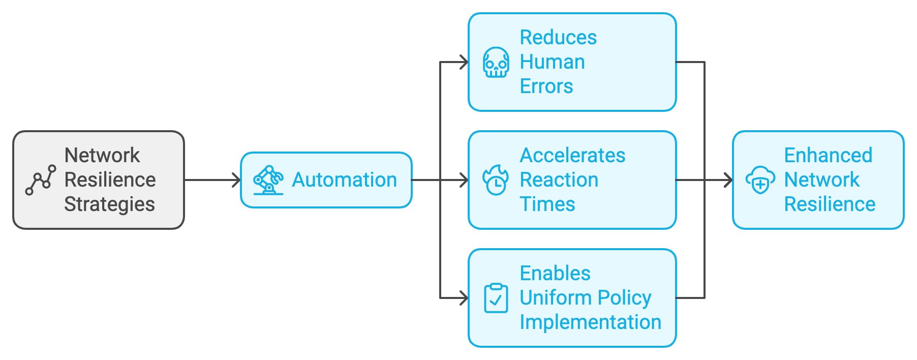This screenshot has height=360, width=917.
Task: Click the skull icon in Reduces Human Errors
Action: tap(496, 63)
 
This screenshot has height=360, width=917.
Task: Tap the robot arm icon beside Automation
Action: tap(268, 180)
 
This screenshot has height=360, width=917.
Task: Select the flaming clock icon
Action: tap(496, 180)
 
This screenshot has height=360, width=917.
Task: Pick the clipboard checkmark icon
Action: tap(496, 298)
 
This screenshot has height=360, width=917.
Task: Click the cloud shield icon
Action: tap(760, 180)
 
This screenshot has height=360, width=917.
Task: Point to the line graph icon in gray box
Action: tap(41, 180)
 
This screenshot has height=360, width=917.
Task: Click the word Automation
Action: tap(344, 180)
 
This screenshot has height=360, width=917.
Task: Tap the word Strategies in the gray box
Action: tap(109, 204)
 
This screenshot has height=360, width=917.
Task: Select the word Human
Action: tap(552, 62)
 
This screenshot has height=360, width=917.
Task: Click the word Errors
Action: tap(546, 86)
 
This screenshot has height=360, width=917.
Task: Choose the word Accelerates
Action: tap(572, 156)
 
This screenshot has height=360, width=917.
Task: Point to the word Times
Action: tap(547, 204)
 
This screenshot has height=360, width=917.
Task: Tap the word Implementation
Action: tap(590, 322)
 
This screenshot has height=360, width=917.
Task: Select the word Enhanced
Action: tap(828, 156)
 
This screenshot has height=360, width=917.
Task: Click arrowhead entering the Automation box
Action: tap(236, 180)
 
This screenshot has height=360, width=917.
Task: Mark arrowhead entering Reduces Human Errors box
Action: tap(464, 63)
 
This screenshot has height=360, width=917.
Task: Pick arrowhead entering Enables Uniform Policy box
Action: tap(464, 298)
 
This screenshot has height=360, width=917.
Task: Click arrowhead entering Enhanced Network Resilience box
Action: tap(728, 180)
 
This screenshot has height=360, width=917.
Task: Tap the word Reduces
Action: tap(558, 38)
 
